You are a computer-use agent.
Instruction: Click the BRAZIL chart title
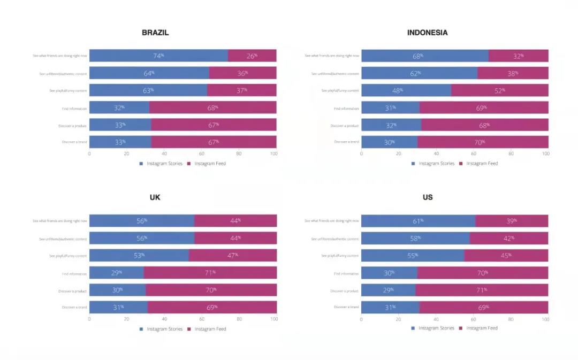[x=155, y=33]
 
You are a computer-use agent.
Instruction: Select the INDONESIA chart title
[x=427, y=33]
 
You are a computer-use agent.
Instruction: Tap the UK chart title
[x=155, y=197]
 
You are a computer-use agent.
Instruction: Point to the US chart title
[x=427, y=197]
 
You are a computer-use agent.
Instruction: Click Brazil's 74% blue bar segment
[x=158, y=56]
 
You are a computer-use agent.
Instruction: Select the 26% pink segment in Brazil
[x=252, y=56]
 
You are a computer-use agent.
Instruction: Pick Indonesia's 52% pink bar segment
[x=499, y=90]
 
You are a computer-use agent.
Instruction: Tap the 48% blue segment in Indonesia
[x=406, y=90]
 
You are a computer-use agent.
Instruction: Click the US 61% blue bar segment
[x=418, y=220]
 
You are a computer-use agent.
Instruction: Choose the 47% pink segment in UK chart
[x=233, y=255]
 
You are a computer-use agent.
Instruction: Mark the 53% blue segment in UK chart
[x=139, y=255]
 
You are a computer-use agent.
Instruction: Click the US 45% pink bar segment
[x=506, y=255]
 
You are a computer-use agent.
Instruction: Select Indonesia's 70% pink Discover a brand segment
[x=483, y=142]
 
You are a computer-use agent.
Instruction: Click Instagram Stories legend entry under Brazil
[x=161, y=164]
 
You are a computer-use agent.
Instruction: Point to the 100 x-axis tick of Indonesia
[x=545, y=154]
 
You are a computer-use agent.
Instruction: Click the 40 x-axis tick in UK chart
[x=164, y=319]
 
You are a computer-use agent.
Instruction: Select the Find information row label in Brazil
[x=74, y=109]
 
